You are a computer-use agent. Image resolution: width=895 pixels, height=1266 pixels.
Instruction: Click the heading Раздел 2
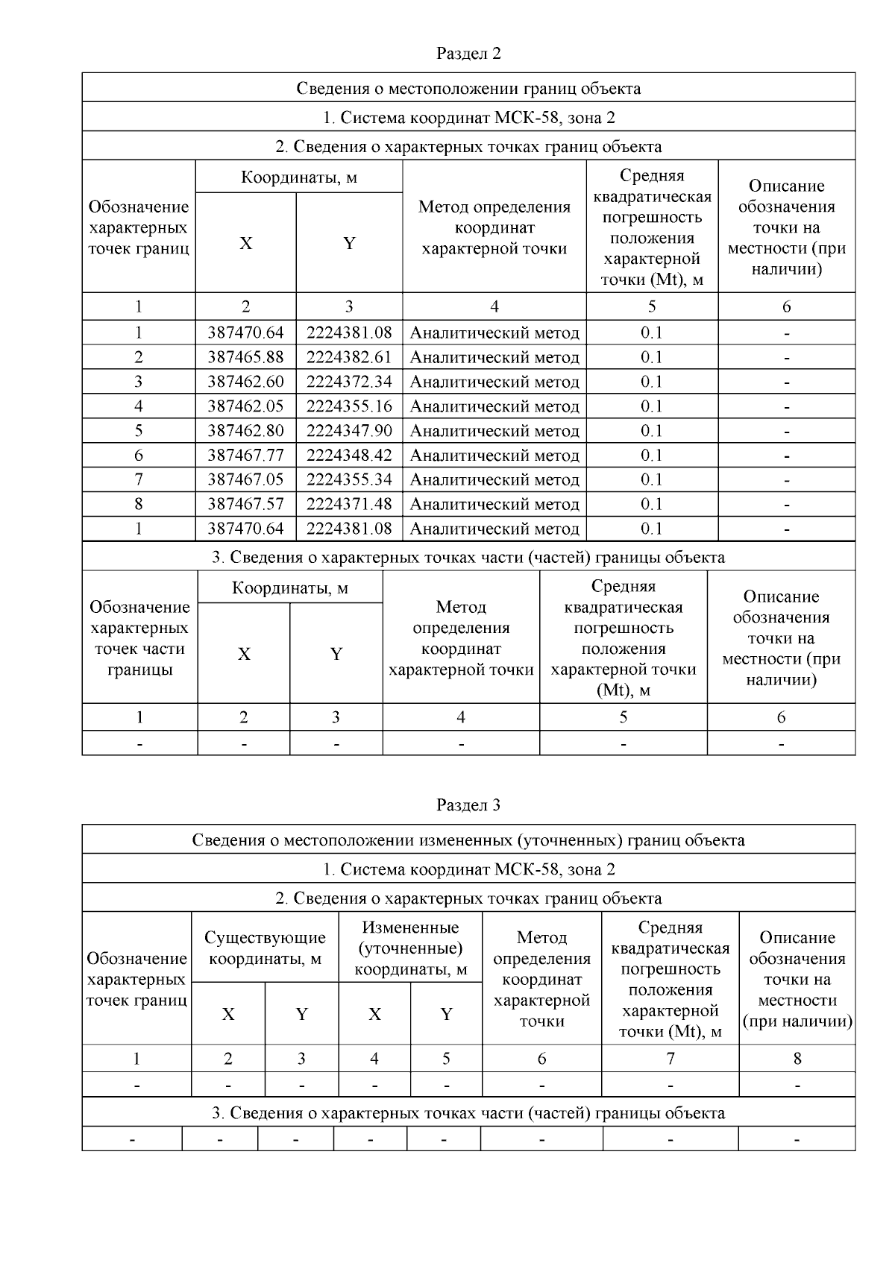pos(468,54)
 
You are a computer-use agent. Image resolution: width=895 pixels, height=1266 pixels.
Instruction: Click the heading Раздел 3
pos(468,805)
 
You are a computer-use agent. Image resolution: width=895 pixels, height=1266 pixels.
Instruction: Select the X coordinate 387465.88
pos(245,357)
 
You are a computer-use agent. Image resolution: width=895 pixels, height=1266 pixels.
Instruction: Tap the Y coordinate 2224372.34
pos(349,382)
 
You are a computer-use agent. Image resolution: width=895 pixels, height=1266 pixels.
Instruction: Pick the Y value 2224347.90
pos(349,431)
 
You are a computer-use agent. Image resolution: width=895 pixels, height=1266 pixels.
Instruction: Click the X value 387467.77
pos(245,456)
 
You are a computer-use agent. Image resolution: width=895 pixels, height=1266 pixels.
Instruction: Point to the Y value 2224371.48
pos(349,504)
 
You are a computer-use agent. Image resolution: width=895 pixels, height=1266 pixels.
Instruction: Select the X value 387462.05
pos(245,406)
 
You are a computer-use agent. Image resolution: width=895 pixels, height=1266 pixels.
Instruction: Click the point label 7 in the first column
pos(139,479)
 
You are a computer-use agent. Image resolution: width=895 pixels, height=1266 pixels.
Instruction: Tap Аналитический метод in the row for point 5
pos(494,431)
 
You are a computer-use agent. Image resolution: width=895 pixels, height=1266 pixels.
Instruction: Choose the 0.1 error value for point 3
pos(652,382)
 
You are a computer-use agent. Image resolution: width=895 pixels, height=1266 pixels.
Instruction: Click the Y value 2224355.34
pos(349,479)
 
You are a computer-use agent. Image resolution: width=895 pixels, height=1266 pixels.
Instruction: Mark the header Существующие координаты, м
pos(265,948)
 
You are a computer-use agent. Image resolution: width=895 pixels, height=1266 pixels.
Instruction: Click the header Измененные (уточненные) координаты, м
pos(410,948)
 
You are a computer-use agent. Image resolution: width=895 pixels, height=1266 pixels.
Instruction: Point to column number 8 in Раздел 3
pos(797,1058)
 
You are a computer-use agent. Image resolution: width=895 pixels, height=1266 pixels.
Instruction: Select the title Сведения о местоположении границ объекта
pos(468,88)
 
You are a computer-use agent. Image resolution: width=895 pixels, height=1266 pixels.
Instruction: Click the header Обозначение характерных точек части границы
pos(139,638)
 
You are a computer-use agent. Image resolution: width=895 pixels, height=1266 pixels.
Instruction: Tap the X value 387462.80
pos(245,431)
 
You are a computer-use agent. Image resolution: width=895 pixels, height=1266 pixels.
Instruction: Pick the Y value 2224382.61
pos(349,357)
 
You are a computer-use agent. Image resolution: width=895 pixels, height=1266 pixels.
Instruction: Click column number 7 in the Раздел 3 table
pos(670,1058)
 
